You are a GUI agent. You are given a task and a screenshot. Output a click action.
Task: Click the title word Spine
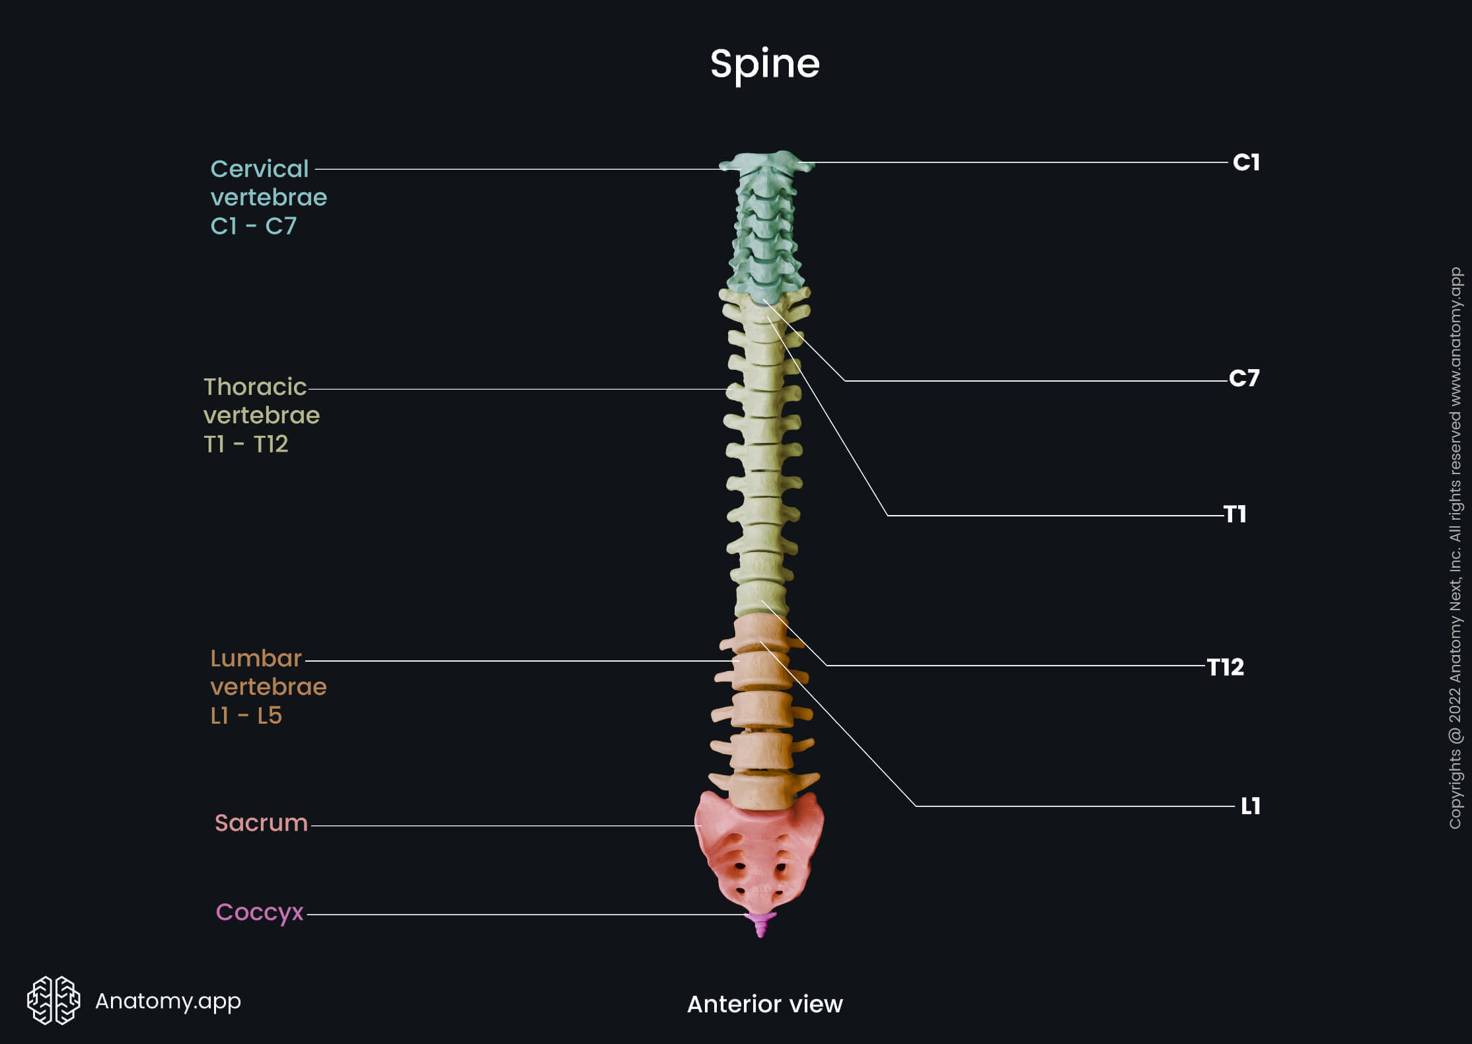click(764, 64)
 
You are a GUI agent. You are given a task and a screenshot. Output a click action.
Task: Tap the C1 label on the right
click(1246, 162)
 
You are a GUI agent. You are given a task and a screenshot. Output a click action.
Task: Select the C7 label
click(1244, 378)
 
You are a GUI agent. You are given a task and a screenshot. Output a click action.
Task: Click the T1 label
click(1235, 514)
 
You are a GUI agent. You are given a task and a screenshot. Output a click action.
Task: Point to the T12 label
click(1226, 667)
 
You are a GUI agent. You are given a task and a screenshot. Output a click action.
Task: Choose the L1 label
click(1250, 806)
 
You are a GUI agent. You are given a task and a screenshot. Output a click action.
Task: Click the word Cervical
click(259, 169)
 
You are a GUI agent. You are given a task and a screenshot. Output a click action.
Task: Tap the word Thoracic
click(255, 387)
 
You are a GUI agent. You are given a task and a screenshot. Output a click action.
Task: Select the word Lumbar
click(256, 658)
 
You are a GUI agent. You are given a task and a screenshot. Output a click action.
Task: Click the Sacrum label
click(261, 823)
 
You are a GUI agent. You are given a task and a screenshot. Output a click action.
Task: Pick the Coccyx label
click(259, 912)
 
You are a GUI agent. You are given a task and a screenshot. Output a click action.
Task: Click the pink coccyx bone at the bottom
click(760, 922)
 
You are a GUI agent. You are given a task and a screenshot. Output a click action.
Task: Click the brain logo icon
click(53, 1000)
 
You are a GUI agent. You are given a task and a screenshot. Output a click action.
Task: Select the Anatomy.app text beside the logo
click(168, 1001)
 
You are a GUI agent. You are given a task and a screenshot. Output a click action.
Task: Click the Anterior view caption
click(764, 1004)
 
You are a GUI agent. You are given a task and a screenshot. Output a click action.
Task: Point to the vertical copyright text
click(1455, 548)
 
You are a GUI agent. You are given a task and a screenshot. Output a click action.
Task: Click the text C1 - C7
click(253, 226)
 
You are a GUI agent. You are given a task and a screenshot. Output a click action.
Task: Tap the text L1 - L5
click(246, 716)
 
